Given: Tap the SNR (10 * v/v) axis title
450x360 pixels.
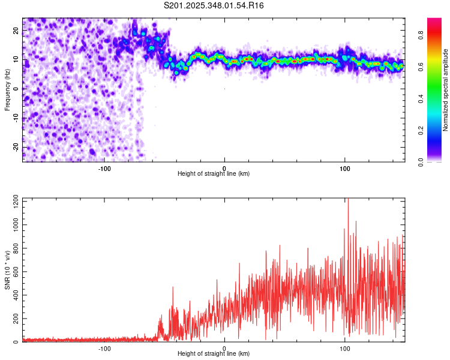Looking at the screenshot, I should [7, 271].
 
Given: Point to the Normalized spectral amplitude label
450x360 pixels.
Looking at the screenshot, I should [445, 90].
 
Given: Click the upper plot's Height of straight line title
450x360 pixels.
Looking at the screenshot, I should [214, 173].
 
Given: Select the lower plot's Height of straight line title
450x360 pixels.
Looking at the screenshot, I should [214, 353].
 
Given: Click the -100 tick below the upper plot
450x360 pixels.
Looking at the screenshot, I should [104, 168].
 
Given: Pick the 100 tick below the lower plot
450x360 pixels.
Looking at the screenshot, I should [345, 348].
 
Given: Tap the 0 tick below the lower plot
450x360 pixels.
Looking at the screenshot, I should [224, 348].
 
